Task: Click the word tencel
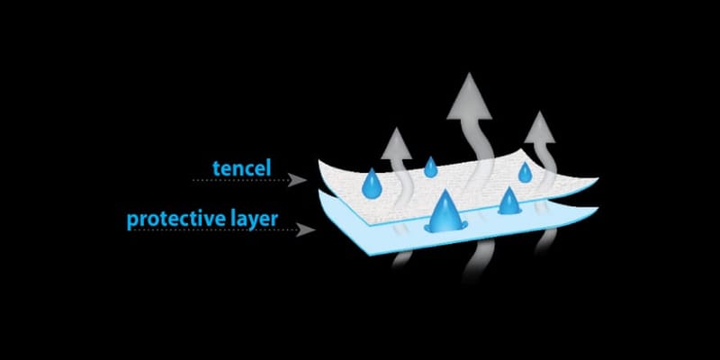click(241, 168)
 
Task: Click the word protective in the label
click(175, 220)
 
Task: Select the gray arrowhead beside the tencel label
click(297, 180)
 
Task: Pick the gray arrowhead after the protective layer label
click(305, 229)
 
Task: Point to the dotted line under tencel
click(240, 181)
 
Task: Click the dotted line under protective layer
click(211, 229)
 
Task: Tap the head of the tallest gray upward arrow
click(469, 98)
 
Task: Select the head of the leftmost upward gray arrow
click(396, 145)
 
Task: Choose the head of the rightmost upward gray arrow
click(540, 128)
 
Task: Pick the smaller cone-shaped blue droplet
click(509, 201)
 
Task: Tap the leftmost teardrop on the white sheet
click(372, 184)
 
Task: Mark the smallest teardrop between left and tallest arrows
click(430, 167)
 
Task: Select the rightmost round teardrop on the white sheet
click(525, 173)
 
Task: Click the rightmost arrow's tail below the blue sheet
click(546, 240)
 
